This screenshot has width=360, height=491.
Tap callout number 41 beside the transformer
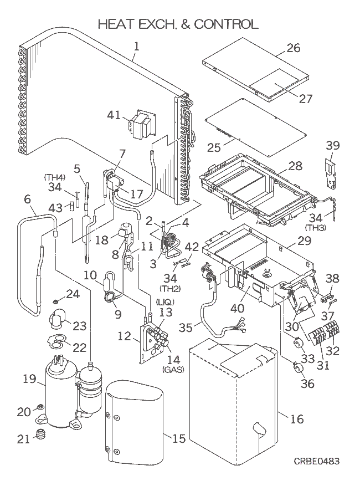pyautogui.click(x=114, y=115)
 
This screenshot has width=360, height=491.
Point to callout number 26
pyautogui.click(x=293, y=48)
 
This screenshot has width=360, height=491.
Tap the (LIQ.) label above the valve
pyautogui.click(x=165, y=301)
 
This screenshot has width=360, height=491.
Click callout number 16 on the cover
pyautogui.click(x=297, y=419)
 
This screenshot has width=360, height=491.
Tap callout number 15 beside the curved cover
pyautogui.click(x=178, y=439)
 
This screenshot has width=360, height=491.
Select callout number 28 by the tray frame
pyautogui.click(x=295, y=166)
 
